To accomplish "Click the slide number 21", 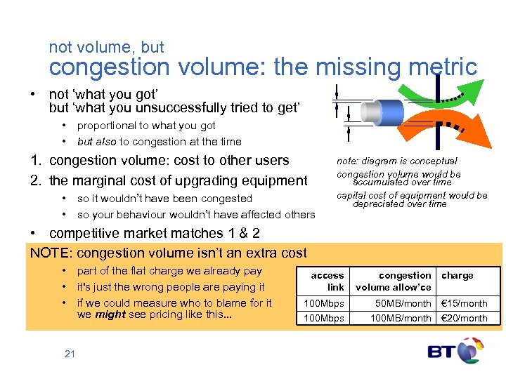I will (70, 354).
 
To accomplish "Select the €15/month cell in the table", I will (463, 303).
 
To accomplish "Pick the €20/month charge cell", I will (463, 318).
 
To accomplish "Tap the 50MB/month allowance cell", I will (403, 303).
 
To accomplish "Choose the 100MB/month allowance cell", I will (401, 318).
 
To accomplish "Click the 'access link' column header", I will (327, 281).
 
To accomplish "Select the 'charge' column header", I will (457, 276).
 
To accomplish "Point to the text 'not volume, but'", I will (106, 48).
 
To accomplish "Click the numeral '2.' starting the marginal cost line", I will (36, 180).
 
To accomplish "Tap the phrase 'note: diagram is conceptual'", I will (396, 161).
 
